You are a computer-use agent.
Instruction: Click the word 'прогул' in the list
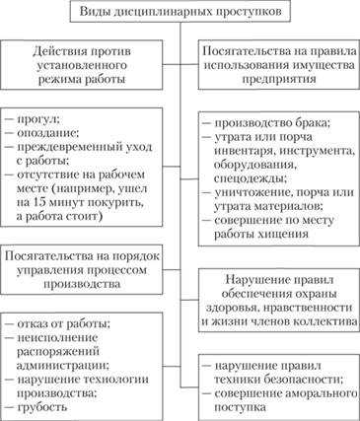coord(39,118)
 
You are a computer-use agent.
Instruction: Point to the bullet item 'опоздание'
coord(46,133)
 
